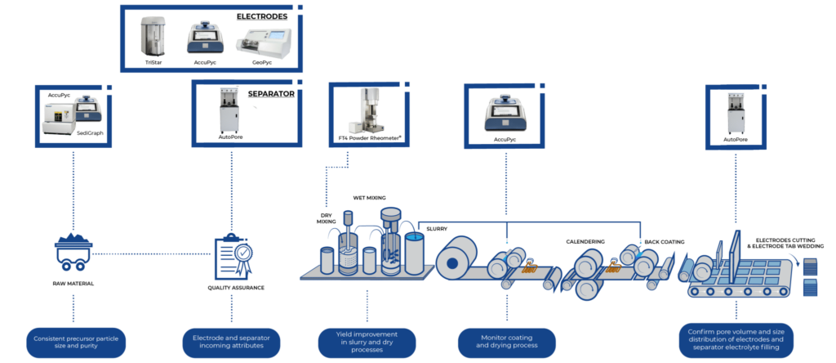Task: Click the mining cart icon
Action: click(x=73, y=250)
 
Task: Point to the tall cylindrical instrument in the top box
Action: click(x=153, y=38)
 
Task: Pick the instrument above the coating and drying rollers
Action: click(x=507, y=114)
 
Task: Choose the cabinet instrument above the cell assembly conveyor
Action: click(x=738, y=112)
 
